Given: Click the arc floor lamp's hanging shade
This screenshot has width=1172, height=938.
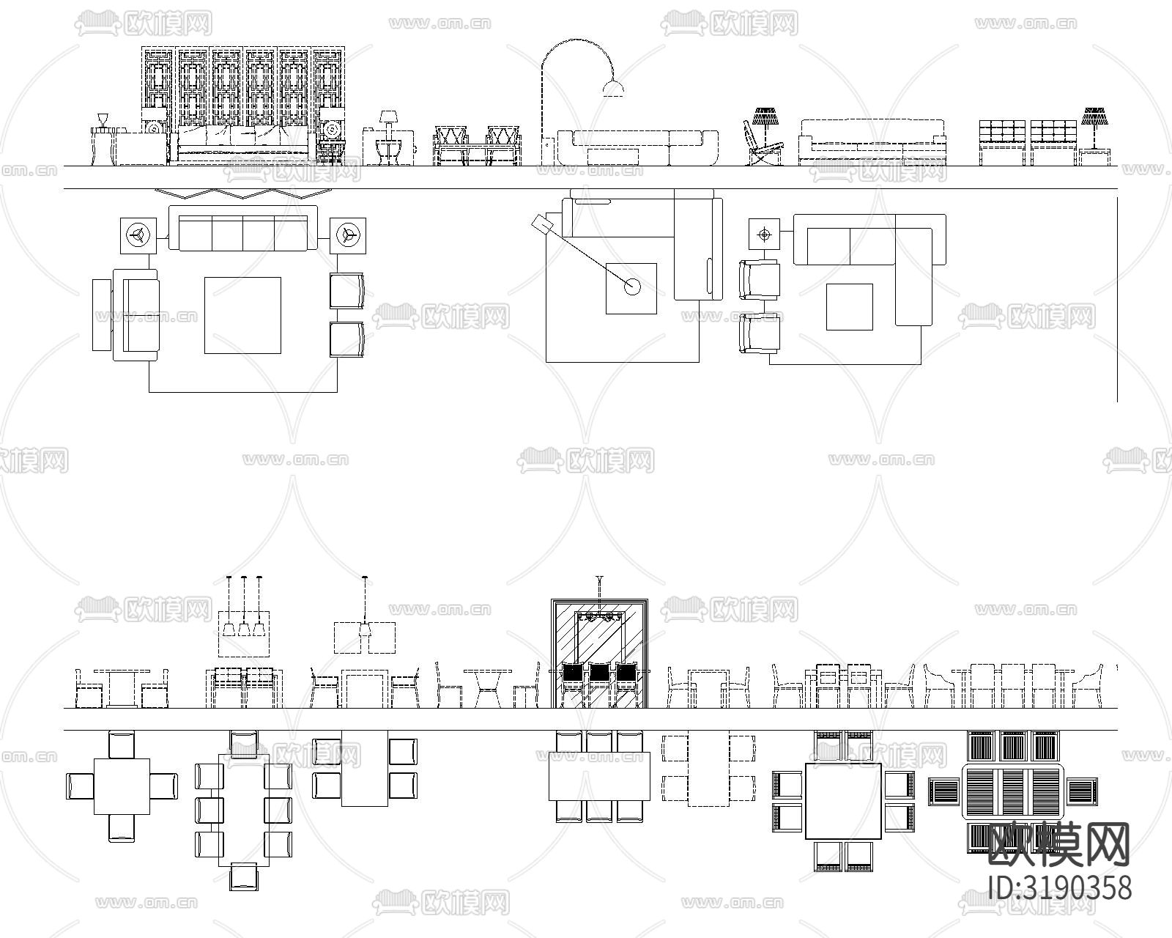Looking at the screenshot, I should click(x=613, y=89).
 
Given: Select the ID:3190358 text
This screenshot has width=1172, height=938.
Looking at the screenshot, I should click(x=1060, y=887).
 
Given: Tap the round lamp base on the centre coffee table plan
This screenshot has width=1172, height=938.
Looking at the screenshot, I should click(x=632, y=287).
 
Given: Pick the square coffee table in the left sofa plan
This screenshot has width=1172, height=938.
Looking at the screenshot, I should click(x=242, y=314).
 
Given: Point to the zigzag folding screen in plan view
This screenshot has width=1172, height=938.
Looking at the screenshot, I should click(x=242, y=193).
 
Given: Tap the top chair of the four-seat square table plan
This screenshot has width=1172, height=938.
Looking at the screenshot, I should click(x=122, y=744).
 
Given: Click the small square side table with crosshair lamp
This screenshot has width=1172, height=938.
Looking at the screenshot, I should click(x=765, y=234).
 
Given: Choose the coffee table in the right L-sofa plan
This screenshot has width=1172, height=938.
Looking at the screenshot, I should click(x=850, y=306).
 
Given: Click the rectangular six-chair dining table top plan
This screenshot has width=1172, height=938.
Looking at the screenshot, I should click(x=600, y=776).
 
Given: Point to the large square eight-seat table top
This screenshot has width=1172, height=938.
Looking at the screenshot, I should click(x=843, y=801).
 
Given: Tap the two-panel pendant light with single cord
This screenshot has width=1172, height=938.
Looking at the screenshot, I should click(x=365, y=636).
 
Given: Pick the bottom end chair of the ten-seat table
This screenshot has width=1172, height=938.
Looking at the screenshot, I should click(x=244, y=876).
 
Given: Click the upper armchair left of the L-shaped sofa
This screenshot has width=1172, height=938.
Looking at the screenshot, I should click(x=760, y=280).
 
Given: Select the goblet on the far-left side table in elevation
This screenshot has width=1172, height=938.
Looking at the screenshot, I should click(x=103, y=119).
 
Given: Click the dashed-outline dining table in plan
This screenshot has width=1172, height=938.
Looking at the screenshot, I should click(x=708, y=769).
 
